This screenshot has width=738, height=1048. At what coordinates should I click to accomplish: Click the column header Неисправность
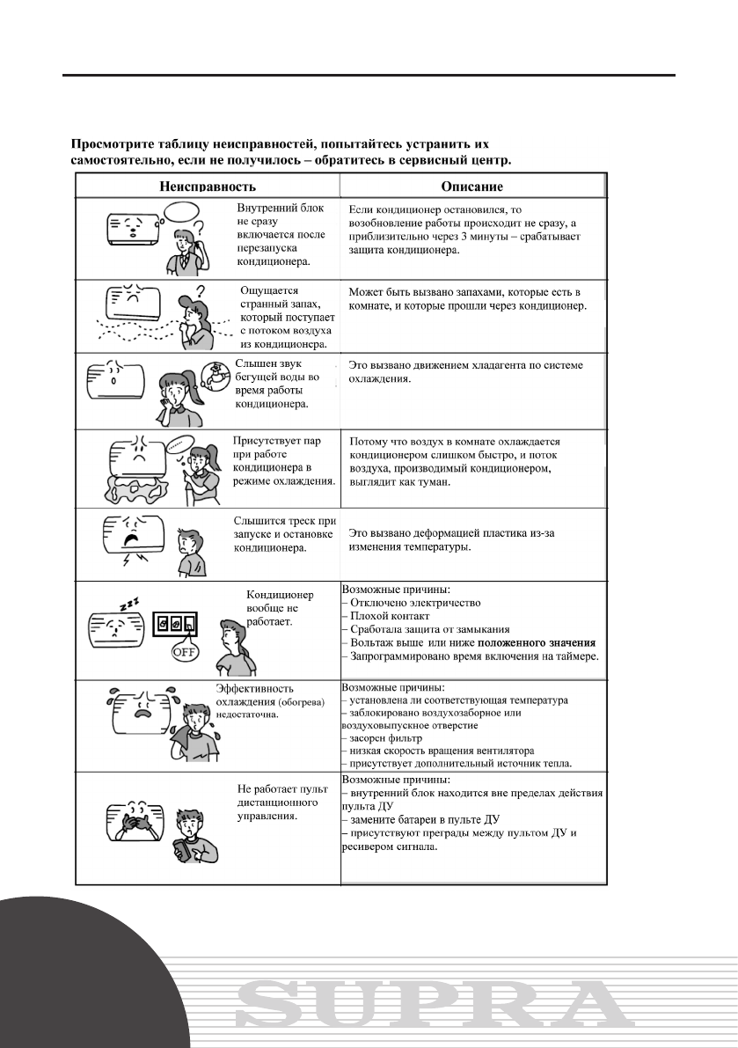pyautogui.click(x=208, y=187)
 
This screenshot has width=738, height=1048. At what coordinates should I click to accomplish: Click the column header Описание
pyautogui.click(x=471, y=187)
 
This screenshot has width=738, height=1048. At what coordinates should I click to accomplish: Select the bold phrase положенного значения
pyautogui.click(x=537, y=642)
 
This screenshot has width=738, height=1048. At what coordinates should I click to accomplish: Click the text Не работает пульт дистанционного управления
pyautogui.click(x=271, y=802)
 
